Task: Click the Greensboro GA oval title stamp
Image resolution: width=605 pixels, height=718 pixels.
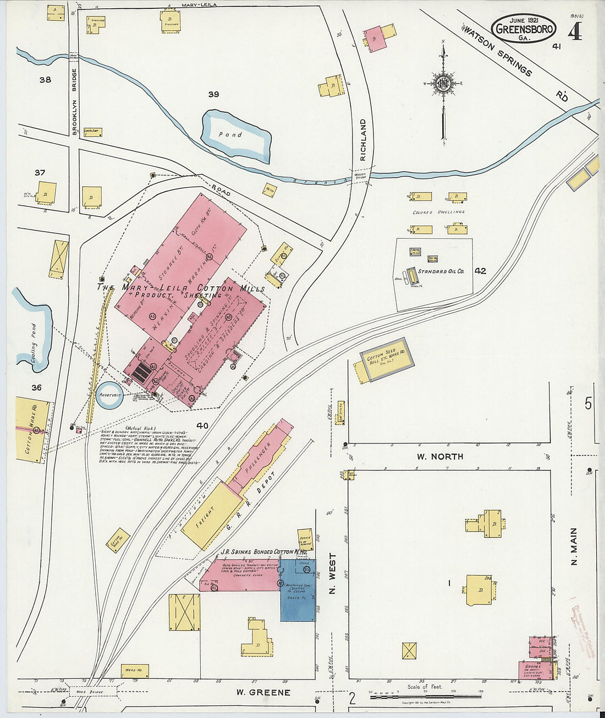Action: tap(523, 28)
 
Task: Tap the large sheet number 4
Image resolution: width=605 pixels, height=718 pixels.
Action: tap(575, 32)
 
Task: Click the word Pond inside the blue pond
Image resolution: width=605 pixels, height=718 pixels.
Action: tap(230, 135)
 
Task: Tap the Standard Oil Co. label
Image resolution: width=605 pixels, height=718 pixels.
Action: tap(441, 271)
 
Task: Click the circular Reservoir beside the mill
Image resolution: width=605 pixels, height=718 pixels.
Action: tap(110, 395)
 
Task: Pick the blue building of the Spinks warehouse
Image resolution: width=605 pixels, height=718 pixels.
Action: tap(298, 591)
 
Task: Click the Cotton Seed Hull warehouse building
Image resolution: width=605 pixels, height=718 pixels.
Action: tap(387, 359)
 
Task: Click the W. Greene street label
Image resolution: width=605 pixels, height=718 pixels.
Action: tap(263, 692)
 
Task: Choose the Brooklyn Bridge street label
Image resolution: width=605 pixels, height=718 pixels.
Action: tap(74, 102)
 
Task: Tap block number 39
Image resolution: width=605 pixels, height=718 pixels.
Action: tap(213, 94)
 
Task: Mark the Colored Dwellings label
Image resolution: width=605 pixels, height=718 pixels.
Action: tap(438, 212)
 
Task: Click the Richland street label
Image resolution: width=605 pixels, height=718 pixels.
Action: tap(362, 140)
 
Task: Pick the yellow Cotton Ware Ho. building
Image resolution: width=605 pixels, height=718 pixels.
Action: tap(31, 429)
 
